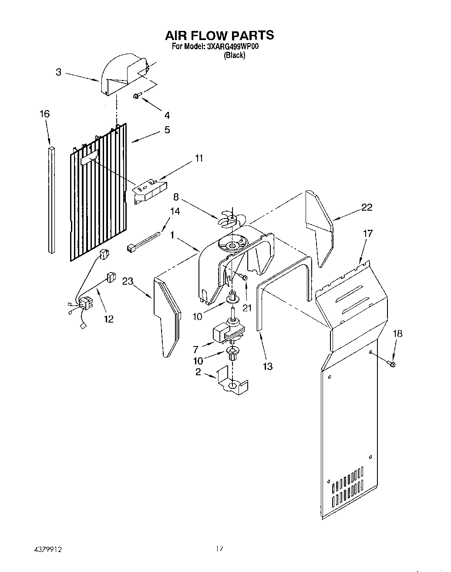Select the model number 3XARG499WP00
pyautogui.click(x=233, y=47)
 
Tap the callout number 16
pyautogui.click(x=44, y=114)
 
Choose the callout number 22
pyautogui.click(x=367, y=207)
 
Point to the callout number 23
pyautogui.click(x=128, y=282)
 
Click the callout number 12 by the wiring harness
pyautogui.click(x=108, y=319)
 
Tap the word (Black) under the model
pyautogui.click(x=234, y=55)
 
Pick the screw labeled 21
pyautogui.click(x=245, y=277)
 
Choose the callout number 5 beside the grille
pyautogui.click(x=167, y=130)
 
